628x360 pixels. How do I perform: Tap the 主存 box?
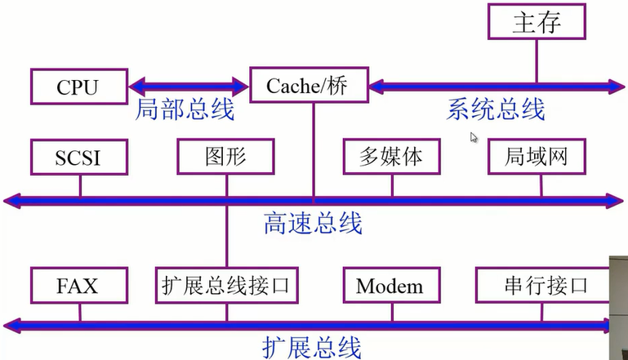click(537, 22)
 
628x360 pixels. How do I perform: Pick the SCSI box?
click(79, 157)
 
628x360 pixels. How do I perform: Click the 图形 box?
click(225, 157)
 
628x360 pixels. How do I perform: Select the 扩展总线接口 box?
click(226, 286)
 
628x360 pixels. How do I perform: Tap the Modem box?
click(390, 286)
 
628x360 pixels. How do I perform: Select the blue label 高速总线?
click(313, 223)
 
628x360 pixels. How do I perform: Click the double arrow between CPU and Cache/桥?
click(189, 85)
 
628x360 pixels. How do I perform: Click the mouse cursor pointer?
click(474, 137)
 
